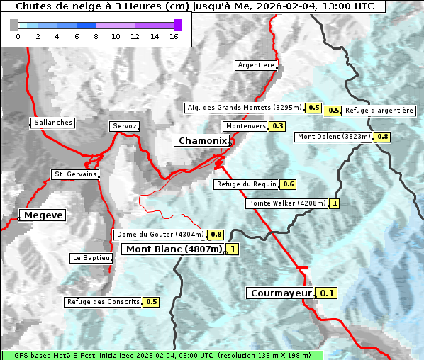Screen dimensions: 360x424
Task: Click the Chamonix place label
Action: [202, 141]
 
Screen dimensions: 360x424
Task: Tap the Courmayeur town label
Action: [281, 293]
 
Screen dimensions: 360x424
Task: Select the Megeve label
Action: [43, 215]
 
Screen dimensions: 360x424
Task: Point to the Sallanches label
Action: [53, 123]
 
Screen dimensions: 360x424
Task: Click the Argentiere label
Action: [256, 65]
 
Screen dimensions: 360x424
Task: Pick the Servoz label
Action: [125, 126]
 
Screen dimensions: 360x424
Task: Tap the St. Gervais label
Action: [74, 174]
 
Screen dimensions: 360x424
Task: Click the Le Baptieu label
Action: [91, 258]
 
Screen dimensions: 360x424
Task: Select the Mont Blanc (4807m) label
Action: [174, 249]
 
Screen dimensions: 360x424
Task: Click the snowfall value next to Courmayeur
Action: [327, 293]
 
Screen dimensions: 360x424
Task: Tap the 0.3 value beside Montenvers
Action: [277, 126]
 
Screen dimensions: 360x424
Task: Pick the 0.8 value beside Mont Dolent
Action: [383, 137]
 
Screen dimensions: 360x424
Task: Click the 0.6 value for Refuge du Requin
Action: [288, 184]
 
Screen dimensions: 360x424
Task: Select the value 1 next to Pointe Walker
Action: [335, 203]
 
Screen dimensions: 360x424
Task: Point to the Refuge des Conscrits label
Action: [103, 302]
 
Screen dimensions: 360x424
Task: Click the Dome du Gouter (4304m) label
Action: [160, 235]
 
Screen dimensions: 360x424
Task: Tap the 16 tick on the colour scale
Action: [174, 36]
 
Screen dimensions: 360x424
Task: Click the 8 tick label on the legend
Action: [96, 36]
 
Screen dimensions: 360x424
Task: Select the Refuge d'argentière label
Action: [379, 111]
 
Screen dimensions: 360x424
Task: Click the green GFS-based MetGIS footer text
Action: [162, 355]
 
